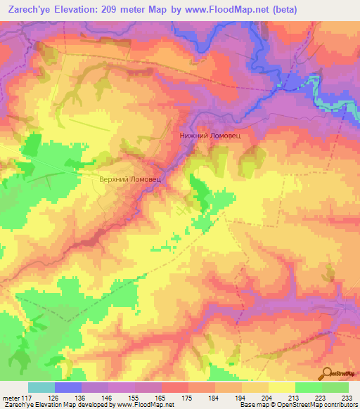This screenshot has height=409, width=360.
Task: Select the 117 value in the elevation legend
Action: (x=21, y=397)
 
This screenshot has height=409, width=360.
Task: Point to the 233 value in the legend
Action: (x=345, y=397)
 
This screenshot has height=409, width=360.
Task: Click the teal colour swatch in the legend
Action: (x=41, y=387)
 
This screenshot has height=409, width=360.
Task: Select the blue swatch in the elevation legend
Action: (x=68, y=387)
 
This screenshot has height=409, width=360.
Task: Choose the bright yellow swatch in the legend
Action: (x=282, y=387)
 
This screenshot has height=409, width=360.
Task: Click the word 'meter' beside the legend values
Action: (x=8, y=397)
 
